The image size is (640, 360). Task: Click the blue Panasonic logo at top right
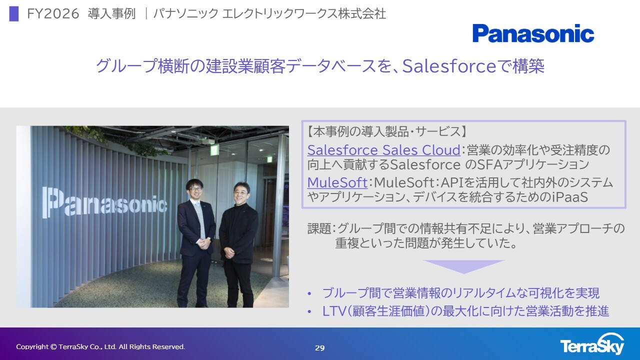tap(533, 33)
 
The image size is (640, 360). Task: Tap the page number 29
tap(319, 348)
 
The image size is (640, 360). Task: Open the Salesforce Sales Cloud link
tap(383, 150)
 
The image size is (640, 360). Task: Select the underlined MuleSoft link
tap(337, 182)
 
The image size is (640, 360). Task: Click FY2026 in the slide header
tap(53, 13)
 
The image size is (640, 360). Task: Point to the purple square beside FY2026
tap(13, 13)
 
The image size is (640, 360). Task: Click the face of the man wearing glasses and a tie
tap(195, 189)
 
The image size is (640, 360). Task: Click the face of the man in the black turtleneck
tap(241, 193)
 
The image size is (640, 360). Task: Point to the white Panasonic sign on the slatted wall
tap(105, 202)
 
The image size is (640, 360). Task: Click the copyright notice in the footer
tap(100, 347)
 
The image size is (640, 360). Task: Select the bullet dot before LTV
tap(309, 311)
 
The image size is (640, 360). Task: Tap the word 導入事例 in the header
tap(111, 13)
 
